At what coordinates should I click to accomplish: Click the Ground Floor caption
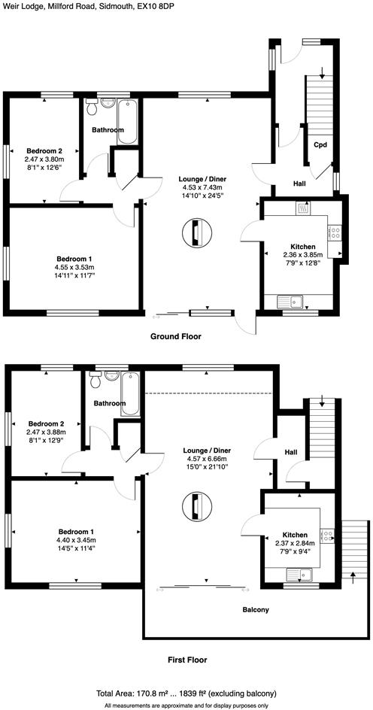click(176, 336)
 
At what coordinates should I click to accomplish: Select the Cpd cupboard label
click(320, 144)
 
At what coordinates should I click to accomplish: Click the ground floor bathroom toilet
click(92, 109)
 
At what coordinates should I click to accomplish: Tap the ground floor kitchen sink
click(289, 302)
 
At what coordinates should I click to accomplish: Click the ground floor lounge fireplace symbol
click(195, 233)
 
